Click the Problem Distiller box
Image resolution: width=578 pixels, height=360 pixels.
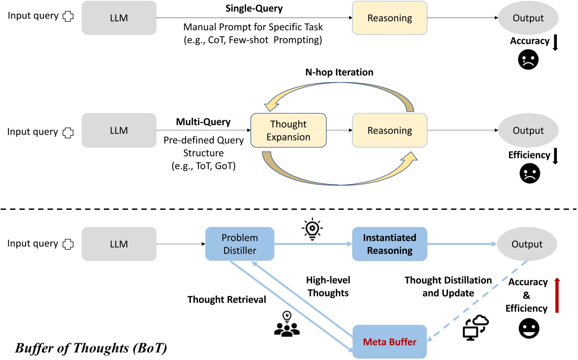(x=240, y=244)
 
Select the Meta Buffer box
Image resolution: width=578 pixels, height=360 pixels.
(x=389, y=341)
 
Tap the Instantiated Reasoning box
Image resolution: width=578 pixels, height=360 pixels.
(x=389, y=244)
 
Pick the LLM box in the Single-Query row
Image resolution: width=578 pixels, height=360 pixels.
(x=119, y=18)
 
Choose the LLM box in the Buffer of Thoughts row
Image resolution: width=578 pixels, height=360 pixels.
(x=119, y=244)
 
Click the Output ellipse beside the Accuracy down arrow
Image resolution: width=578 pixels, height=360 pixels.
(x=529, y=18)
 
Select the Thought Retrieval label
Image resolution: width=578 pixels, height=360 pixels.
(x=227, y=299)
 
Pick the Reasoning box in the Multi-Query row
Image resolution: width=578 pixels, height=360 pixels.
(x=389, y=130)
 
